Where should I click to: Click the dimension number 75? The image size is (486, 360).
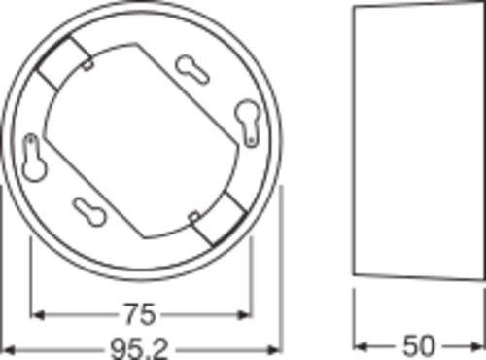tap(140, 314)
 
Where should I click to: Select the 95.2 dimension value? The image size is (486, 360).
tap(140, 349)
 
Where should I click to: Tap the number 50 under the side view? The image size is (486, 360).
tap(418, 346)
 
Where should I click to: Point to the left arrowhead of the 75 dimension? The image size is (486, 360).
tap(37, 314)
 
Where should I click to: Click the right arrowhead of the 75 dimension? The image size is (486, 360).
tap(245, 314)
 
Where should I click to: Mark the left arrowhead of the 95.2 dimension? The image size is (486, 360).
tap(8, 350)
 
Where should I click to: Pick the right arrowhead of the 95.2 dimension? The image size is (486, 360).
tap(274, 350)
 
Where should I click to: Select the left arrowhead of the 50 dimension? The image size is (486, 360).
tap(361, 346)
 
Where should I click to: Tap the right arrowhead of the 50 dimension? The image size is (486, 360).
tap(477, 346)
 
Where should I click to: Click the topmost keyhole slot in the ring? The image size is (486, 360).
tap(192, 69)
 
